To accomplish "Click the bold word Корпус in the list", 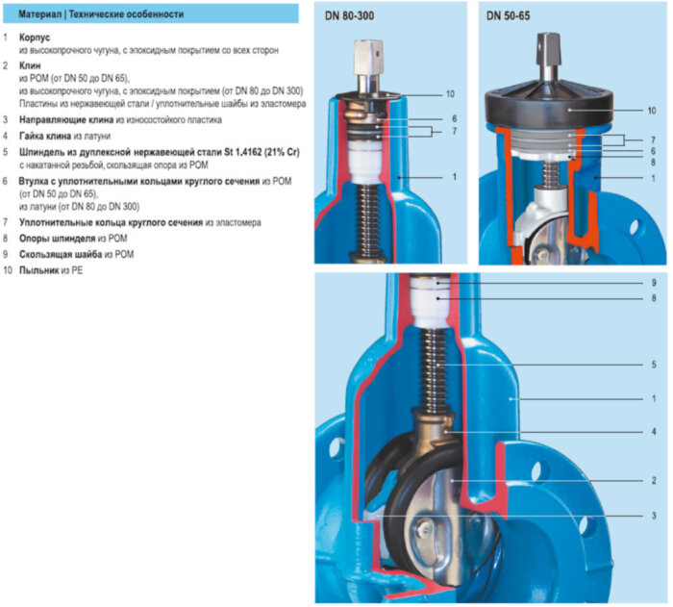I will [36, 37].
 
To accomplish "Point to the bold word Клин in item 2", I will [32, 65].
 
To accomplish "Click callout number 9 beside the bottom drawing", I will [652, 284].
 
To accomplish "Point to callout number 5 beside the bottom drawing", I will [652, 365].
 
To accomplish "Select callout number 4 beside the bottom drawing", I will [652, 432].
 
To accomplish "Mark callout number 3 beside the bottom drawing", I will [652, 516].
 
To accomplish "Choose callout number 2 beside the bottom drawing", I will [652, 479].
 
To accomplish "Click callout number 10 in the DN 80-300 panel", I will [449, 94].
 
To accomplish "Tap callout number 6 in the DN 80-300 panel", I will [451, 118].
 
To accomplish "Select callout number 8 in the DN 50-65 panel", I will [652, 163].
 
